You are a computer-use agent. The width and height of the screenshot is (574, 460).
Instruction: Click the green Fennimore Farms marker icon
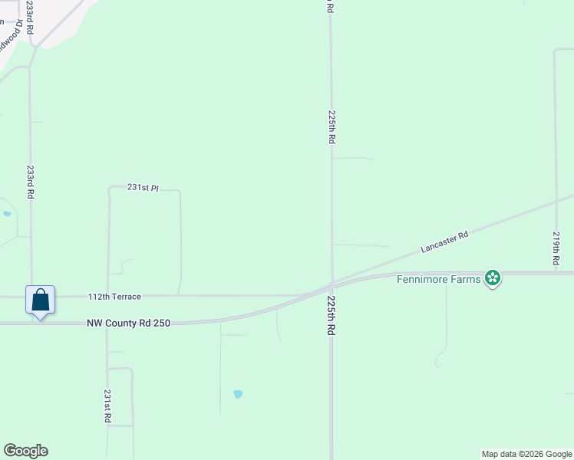tap(493, 278)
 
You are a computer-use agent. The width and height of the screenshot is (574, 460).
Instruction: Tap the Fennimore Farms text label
tap(438, 278)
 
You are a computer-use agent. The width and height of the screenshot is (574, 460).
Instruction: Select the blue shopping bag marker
tap(41, 300)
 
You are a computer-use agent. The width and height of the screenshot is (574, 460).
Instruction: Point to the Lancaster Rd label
tap(444, 243)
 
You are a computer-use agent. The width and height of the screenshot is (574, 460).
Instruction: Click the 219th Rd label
tap(556, 248)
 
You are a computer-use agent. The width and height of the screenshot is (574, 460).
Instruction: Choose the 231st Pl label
tap(143, 187)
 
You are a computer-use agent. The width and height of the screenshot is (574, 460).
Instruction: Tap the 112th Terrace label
tap(114, 296)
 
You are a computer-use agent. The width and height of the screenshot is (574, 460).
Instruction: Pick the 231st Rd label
tap(108, 406)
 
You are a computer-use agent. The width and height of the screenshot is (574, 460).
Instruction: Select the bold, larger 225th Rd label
tap(332, 314)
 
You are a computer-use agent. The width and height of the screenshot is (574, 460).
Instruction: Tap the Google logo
tap(25, 451)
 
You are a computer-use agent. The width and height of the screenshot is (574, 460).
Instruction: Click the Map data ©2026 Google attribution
tap(526, 454)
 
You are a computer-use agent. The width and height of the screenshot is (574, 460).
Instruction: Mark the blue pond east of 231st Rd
tap(238, 394)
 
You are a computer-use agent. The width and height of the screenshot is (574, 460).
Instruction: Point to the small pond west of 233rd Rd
tap(7, 214)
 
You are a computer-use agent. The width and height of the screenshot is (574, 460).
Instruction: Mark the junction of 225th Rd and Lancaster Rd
tap(332, 284)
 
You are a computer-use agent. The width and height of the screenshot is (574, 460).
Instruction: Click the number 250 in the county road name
tap(160, 324)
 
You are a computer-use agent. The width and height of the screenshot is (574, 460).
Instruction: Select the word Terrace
tap(127, 296)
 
